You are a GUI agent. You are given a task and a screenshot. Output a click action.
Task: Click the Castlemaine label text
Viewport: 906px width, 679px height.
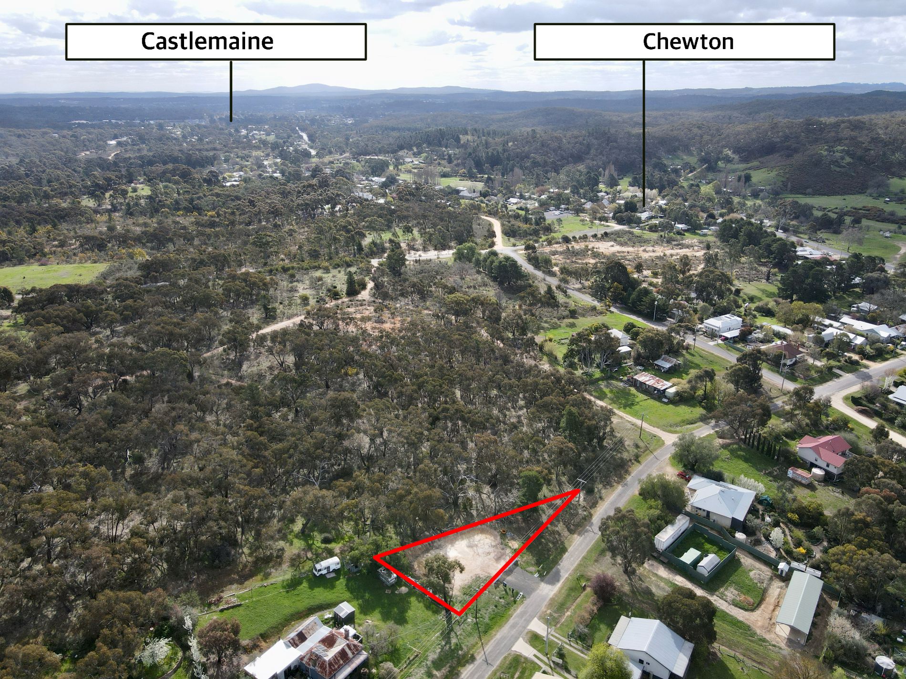pos(207,41)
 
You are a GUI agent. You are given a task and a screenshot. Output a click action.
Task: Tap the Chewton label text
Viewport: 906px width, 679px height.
pos(681,41)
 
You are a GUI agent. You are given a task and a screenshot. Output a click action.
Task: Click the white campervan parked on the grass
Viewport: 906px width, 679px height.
pos(327,566)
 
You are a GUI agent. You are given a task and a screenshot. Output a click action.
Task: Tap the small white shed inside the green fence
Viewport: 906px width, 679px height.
pos(708,564)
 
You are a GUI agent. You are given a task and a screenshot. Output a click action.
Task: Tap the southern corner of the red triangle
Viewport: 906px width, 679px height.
pos(459,614)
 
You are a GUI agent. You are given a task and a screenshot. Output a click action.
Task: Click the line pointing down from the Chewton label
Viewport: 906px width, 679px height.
pos(643,133)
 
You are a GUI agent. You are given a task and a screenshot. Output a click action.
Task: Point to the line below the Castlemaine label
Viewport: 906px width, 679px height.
pos(231,91)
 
